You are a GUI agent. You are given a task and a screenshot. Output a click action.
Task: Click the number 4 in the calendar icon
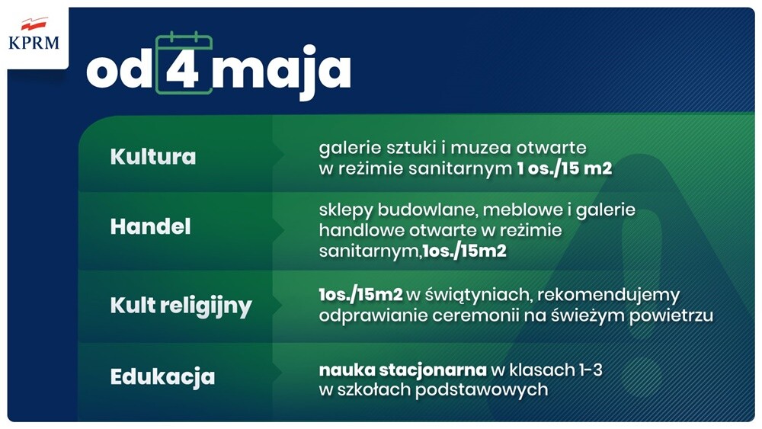pyautogui.click(x=183, y=71)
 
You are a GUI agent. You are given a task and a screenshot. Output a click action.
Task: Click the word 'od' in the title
pyautogui.click(x=120, y=71)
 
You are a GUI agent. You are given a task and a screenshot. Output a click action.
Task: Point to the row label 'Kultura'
pyautogui.click(x=153, y=157)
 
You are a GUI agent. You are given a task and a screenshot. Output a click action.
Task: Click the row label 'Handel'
pyautogui.click(x=150, y=227)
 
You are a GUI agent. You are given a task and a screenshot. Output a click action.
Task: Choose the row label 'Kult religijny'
pyautogui.click(x=181, y=306)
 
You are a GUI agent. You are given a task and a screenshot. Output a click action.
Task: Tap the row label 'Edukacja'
pyautogui.click(x=162, y=377)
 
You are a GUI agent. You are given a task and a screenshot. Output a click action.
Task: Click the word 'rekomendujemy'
pyautogui.click(x=616, y=295)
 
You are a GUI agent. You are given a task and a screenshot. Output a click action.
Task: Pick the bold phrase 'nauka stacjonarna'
pyautogui.click(x=402, y=370)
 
